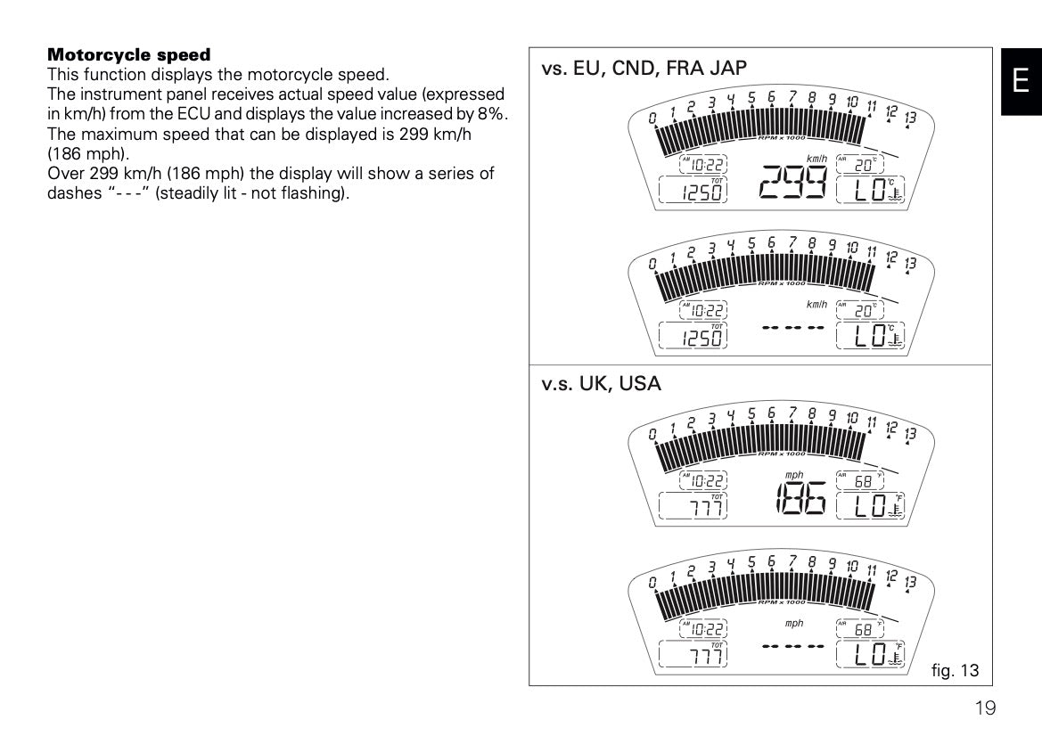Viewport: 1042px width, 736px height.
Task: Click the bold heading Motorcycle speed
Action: [128, 55]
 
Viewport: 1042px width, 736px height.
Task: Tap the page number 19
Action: [984, 708]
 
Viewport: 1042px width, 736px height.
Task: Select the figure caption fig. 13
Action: [956, 669]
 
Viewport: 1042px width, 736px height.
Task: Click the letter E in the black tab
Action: [1021, 80]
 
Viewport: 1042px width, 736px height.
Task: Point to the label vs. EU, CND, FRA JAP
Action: [644, 69]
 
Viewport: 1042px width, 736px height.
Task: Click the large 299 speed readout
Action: [792, 186]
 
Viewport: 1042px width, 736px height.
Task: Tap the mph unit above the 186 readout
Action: [794, 475]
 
